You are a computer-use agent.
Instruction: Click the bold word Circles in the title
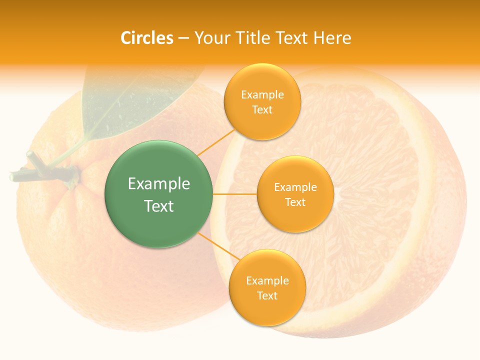pos(146,38)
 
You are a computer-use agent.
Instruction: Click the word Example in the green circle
pos(158,184)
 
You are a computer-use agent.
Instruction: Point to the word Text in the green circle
pos(158,206)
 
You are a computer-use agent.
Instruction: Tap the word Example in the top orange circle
pos(262,95)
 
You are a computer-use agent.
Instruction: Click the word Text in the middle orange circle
pos(295,202)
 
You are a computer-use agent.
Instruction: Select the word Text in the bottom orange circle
pos(267,295)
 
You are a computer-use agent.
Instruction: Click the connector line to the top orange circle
pos(216,142)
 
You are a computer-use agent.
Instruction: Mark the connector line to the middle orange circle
pos(234,194)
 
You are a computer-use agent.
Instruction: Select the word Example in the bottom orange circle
pos(267,280)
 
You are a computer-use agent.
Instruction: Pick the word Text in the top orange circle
pos(262,109)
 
